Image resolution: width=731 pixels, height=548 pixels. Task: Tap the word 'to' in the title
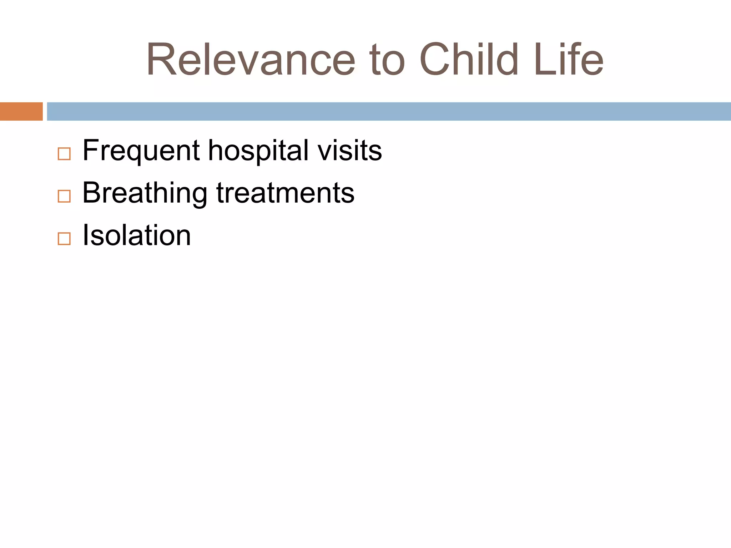point(387,60)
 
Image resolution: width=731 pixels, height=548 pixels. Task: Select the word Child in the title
point(469,60)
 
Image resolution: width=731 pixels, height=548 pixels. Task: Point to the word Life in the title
point(568,60)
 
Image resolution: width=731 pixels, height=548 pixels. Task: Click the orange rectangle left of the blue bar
point(21,111)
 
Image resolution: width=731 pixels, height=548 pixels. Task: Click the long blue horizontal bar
point(388,111)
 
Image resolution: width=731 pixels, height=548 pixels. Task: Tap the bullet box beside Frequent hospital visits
point(64,154)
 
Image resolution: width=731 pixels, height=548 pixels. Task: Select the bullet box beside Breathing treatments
point(64,196)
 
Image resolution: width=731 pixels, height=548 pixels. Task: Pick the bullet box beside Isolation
point(64,239)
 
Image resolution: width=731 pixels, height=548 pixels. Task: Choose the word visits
point(350,151)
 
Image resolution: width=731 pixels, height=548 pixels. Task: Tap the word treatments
point(285,193)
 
